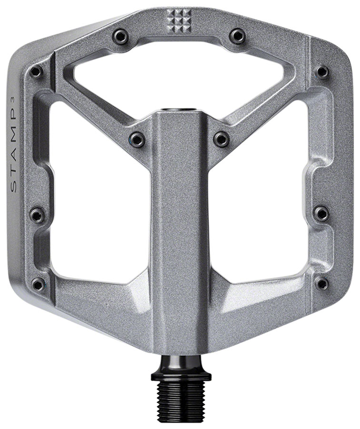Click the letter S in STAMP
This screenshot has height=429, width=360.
coord(13,187)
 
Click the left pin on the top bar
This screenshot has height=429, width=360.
coord(120,36)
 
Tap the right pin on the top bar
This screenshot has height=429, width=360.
coord(237,36)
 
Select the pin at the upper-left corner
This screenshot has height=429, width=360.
coord(36,72)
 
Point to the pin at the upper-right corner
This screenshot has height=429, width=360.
coord(322,71)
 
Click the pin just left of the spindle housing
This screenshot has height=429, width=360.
coord(138,139)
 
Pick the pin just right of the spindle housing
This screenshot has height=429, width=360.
coord(221,139)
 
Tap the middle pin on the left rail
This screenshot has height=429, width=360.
coord(37,214)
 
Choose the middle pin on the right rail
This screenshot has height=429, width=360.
coord(322,213)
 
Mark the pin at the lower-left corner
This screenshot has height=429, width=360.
coord(38,285)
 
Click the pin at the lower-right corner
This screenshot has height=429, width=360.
coord(322,284)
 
